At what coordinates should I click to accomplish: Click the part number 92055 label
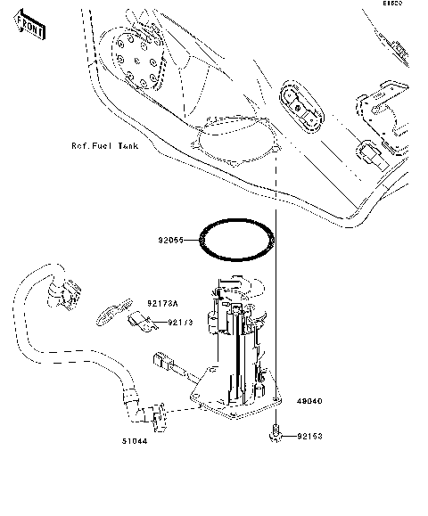click(x=172, y=240)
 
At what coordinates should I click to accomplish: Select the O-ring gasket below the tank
click(x=235, y=240)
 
